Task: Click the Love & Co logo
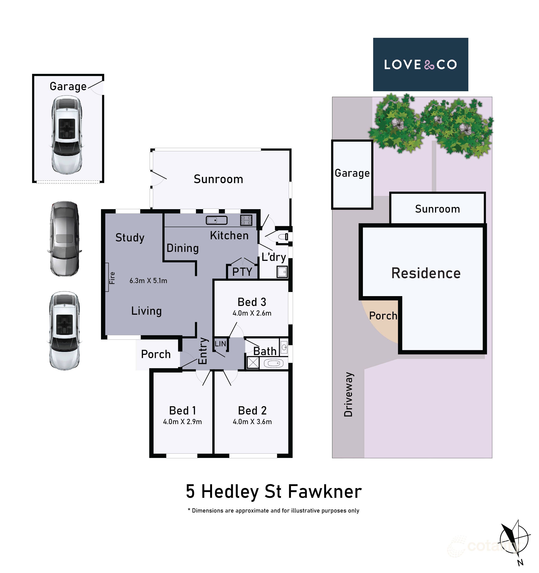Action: click(420, 65)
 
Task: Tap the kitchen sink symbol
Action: click(217, 220)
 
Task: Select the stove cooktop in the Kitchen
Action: click(246, 220)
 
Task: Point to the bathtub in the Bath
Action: click(274, 363)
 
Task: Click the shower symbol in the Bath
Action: click(253, 363)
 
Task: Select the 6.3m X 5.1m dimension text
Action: click(148, 281)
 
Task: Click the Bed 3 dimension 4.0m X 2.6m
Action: click(252, 313)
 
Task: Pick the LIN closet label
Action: click(220, 344)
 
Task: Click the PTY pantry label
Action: click(242, 272)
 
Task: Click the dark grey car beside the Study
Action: click(64, 239)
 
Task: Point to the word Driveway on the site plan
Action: click(349, 394)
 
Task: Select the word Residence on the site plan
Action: click(426, 273)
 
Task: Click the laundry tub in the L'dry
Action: click(282, 272)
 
